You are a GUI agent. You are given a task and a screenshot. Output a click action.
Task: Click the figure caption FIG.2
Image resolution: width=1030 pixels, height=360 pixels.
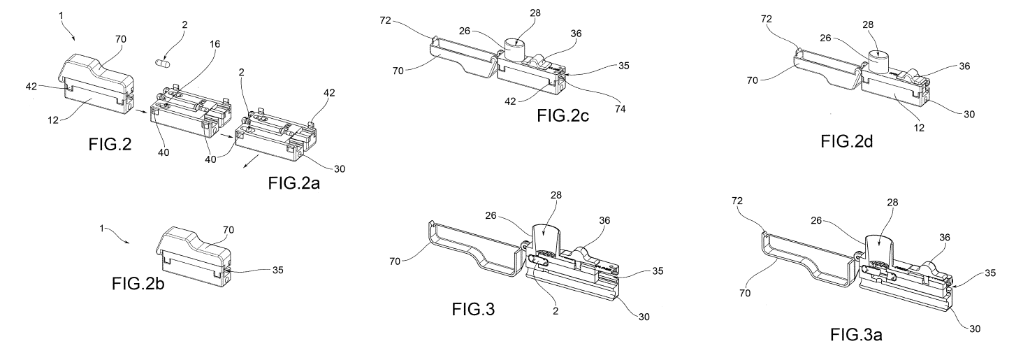(x=110, y=145)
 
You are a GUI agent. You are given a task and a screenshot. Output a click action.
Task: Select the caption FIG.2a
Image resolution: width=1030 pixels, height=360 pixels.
(x=293, y=183)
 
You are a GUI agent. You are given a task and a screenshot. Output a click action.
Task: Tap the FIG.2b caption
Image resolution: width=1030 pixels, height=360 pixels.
(x=138, y=284)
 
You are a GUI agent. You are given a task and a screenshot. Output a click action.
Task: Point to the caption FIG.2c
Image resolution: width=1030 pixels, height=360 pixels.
(x=563, y=115)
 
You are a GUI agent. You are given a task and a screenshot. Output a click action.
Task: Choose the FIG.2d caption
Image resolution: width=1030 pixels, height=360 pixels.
(x=846, y=141)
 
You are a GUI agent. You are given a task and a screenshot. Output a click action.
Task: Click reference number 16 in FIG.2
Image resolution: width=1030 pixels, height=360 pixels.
(x=215, y=44)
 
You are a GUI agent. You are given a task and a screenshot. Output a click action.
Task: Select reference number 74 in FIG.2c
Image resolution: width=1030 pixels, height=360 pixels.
(x=620, y=110)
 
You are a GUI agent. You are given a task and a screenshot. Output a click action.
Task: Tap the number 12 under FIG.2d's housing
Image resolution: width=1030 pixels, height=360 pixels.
(x=919, y=129)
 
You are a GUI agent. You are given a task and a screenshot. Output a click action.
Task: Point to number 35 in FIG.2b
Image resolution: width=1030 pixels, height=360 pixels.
(x=277, y=270)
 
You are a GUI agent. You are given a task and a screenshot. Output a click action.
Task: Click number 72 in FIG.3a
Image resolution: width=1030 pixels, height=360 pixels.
(x=737, y=201)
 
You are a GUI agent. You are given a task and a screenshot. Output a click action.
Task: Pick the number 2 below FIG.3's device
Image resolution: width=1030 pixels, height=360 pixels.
(x=556, y=311)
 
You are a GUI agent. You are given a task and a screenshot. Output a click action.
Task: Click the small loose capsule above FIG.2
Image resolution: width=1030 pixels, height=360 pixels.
(x=164, y=64)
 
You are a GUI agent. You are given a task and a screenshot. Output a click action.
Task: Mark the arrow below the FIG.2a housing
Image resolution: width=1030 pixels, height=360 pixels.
(x=251, y=161)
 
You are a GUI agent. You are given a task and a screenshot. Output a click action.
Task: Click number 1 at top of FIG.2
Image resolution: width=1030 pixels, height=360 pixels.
(x=61, y=15)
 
